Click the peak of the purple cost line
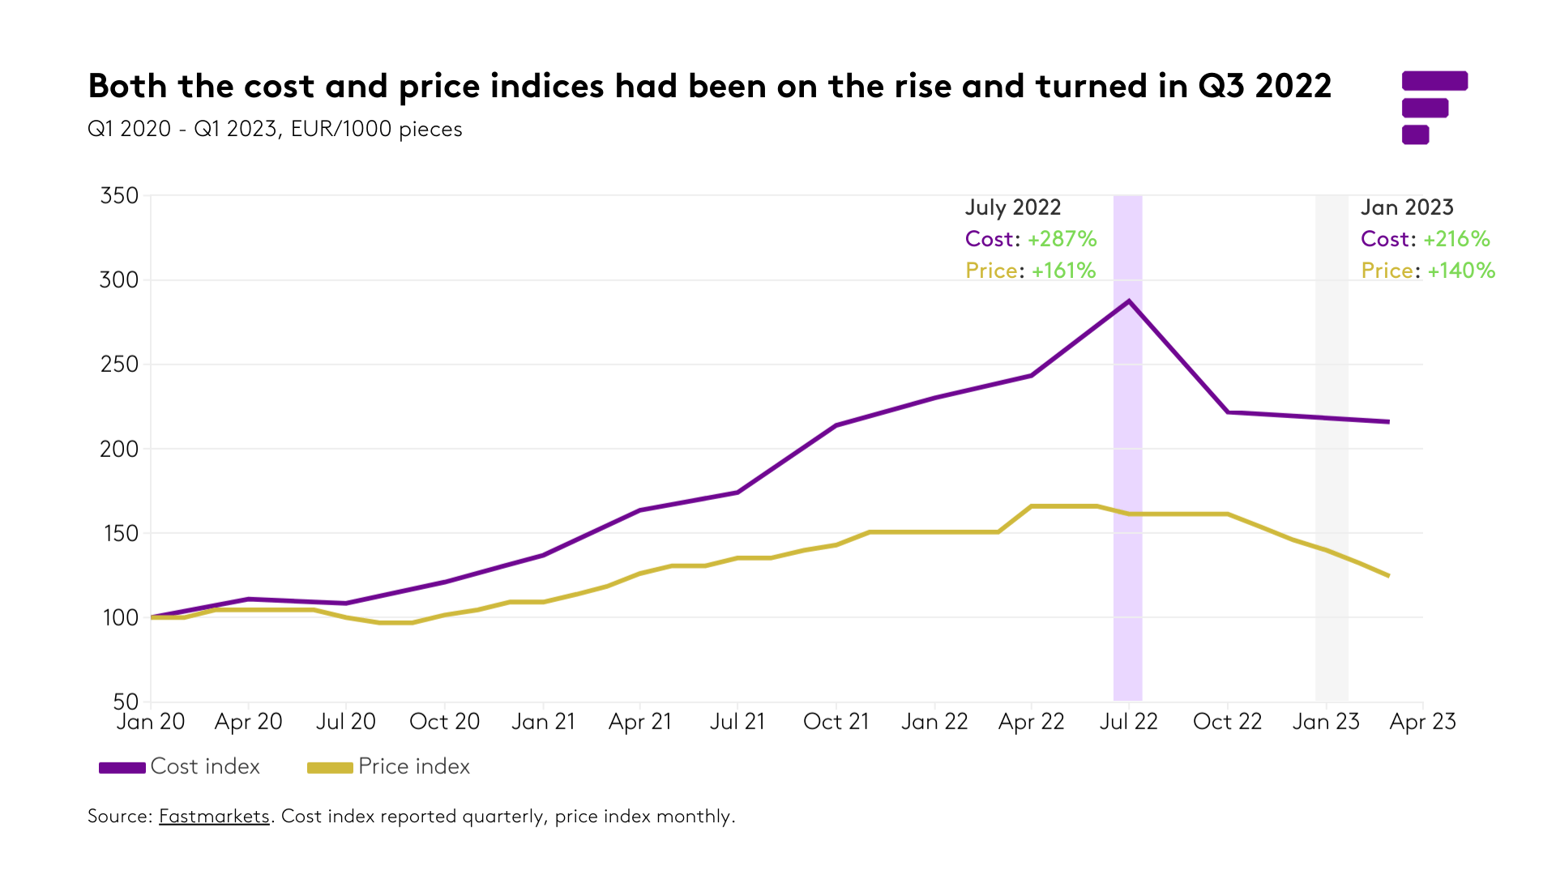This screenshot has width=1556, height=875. coord(1129,301)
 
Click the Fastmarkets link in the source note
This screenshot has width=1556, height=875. coord(214,816)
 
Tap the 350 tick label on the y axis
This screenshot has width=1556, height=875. coord(119,196)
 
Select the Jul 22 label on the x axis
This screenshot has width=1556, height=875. coord(1128,722)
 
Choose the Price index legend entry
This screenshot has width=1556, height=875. coord(389,766)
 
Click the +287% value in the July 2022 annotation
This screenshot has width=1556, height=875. coord(1062,239)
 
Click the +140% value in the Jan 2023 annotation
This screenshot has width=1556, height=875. coord(1461,271)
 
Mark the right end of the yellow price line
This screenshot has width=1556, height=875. coord(1388,576)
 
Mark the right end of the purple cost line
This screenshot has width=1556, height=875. coord(1388,421)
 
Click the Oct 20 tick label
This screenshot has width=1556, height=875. coord(444,722)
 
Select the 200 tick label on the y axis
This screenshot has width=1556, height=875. coord(119,449)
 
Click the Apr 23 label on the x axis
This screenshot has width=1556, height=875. coord(1422,722)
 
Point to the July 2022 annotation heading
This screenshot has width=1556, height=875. coord(1013,207)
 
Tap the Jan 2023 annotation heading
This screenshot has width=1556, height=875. coord(1407,207)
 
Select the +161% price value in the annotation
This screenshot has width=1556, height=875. coord(1063,271)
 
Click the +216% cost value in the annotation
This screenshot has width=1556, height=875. coord(1456,239)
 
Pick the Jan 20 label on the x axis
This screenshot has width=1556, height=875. coord(151,722)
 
